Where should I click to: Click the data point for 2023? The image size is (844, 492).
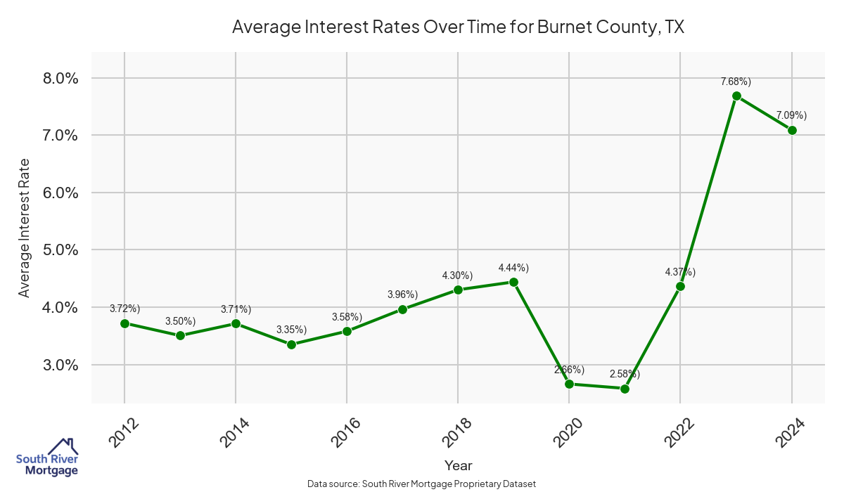point(736,96)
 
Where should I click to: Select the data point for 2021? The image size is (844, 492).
point(625,389)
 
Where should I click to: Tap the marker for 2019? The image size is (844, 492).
point(513,282)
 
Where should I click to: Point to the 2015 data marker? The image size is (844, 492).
point(291,344)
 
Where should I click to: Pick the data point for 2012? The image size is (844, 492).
point(124,323)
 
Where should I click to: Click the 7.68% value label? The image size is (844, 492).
point(736,82)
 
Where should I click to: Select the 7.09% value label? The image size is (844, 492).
point(791,115)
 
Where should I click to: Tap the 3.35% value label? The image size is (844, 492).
point(291,330)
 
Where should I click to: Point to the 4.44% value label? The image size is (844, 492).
point(513,268)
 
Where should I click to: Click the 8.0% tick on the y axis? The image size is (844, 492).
point(56,78)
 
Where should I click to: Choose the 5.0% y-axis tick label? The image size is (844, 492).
point(56,250)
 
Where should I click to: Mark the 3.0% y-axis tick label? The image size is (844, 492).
point(56,365)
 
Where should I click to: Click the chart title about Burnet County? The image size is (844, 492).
point(458,27)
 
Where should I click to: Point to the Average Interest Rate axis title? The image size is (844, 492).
point(25,227)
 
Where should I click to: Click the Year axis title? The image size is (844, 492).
point(458,465)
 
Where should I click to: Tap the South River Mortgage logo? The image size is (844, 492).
point(47,458)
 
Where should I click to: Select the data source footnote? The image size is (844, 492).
point(422,484)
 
